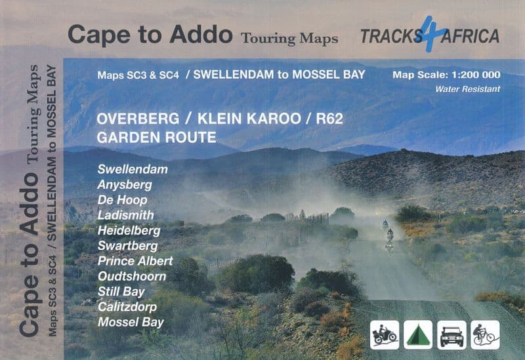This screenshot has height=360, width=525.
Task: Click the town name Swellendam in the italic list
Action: (133, 169)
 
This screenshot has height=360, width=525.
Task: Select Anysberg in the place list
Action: (125, 184)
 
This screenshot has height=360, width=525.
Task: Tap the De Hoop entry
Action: (122, 199)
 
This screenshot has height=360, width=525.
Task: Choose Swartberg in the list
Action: (127, 246)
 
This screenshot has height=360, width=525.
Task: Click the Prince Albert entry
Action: (135, 261)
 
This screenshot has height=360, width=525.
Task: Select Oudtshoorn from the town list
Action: (131, 276)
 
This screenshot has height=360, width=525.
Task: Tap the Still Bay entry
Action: (121, 291)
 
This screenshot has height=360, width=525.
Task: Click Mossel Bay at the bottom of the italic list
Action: (130, 322)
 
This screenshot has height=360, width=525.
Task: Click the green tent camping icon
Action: (418, 334)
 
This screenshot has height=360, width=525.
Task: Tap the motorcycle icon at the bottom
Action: (385, 334)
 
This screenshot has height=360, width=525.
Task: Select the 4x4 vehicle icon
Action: (452, 334)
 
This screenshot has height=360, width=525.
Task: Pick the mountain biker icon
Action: (485, 334)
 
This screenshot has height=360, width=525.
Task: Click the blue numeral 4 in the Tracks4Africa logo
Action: (429, 34)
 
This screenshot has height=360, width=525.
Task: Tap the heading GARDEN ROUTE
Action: (156, 138)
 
